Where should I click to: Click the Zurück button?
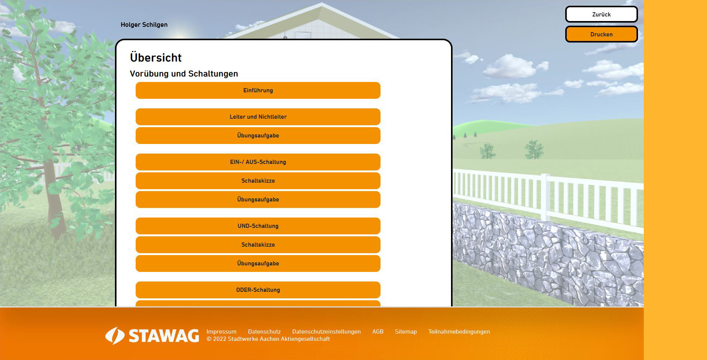pos(601,14)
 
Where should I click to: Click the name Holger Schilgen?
pos(144,25)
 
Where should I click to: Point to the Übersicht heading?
pos(156,57)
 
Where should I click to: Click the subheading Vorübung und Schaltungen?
pos(184,74)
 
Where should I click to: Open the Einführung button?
pos(258,90)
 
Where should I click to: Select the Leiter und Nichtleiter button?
pos(258,117)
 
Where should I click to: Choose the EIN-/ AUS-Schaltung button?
pos(258,162)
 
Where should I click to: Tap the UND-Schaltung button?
pos(258,226)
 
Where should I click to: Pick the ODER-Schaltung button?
pos(258,290)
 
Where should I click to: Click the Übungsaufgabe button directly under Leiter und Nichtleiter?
pos(258,136)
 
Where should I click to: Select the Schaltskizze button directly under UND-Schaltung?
pos(258,245)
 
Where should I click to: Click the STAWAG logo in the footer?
pos(152,335)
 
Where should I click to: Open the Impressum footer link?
pos(221,332)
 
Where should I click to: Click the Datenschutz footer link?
pos(264,332)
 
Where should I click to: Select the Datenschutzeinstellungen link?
pos(326,332)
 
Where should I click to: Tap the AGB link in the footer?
pos(378,332)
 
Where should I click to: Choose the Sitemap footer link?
pos(406,332)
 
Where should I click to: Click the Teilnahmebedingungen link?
pos(459,332)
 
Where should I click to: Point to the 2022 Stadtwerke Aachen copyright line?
pos(268,339)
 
